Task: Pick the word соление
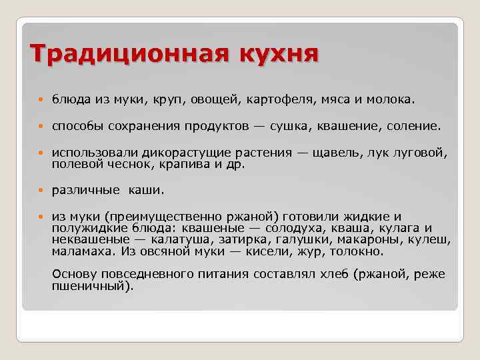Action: pos(415,126)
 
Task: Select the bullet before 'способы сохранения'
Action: pos(41,127)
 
